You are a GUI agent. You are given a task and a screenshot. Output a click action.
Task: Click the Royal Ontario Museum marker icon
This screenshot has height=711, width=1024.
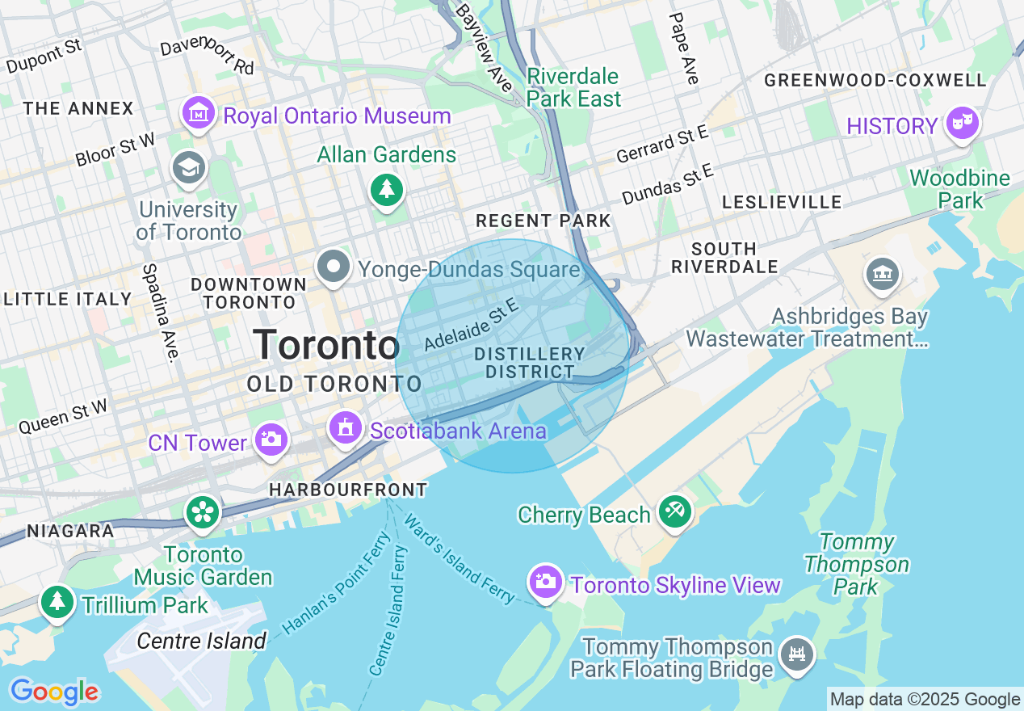point(199,114)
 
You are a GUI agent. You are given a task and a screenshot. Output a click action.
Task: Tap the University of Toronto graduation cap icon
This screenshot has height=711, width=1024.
point(189,168)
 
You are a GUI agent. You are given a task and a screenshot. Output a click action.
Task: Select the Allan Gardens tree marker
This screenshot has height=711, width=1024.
point(387,190)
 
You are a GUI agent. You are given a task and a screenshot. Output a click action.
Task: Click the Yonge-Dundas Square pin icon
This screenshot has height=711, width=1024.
point(333,267)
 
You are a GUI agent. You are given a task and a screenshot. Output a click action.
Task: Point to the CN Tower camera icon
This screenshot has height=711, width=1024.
point(270,440)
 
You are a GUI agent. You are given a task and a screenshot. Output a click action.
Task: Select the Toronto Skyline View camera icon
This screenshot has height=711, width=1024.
point(545,581)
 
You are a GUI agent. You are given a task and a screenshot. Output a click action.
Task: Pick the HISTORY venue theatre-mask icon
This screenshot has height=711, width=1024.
point(962,124)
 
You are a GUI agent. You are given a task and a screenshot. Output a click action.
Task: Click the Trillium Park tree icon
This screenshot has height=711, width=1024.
point(57,602)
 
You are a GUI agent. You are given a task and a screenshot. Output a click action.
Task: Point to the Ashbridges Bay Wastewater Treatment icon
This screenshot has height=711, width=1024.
point(883,274)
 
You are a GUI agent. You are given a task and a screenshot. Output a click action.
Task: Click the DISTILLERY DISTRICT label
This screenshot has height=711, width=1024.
point(530,364)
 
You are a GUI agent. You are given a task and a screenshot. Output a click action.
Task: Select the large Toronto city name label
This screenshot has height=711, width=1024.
point(326,346)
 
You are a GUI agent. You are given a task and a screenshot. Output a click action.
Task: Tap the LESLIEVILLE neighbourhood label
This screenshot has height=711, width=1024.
point(782,202)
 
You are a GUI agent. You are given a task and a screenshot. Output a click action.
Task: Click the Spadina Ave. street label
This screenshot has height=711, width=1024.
point(160,312)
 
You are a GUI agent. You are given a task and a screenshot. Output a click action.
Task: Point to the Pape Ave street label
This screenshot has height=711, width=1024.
point(683,48)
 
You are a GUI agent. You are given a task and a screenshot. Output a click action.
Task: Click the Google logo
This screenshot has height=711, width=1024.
point(54,692)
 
